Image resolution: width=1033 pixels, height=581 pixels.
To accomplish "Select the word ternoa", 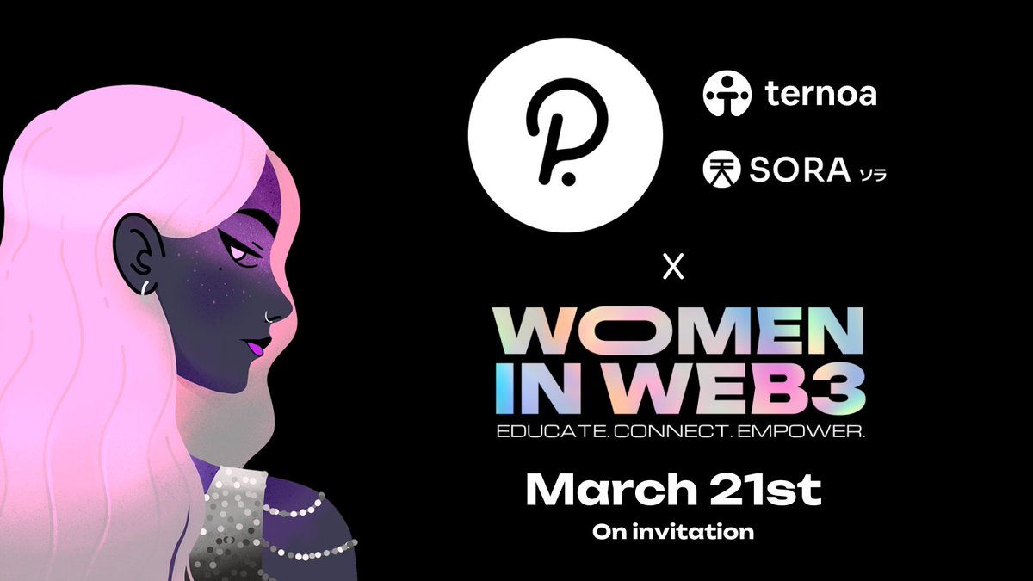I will [x=820, y=93].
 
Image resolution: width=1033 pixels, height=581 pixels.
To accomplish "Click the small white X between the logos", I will [x=674, y=269].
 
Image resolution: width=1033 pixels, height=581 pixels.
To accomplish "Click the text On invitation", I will [x=672, y=532].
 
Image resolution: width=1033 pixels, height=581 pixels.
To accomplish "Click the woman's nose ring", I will [x=274, y=315].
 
